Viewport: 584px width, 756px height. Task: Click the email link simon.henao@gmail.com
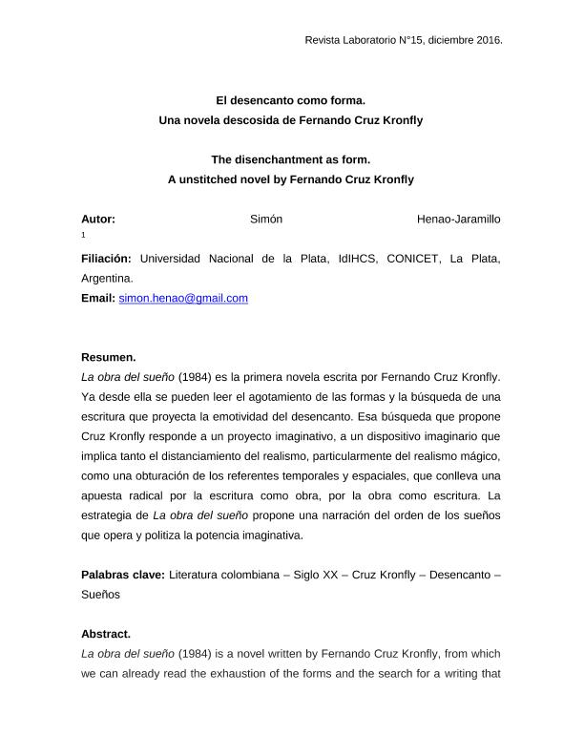tap(183, 298)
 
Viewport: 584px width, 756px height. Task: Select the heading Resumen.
tap(108, 357)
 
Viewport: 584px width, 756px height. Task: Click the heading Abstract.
tap(106, 633)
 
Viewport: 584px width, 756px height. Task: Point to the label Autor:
tap(98, 219)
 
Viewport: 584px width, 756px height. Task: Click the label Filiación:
tap(108, 258)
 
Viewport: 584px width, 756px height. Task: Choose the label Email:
tap(98, 298)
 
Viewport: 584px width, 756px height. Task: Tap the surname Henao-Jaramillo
tap(459, 219)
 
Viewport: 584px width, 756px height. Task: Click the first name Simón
tap(266, 219)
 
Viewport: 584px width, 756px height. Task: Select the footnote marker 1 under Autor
tap(84, 235)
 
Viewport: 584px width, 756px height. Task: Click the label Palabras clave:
tap(122, 575)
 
